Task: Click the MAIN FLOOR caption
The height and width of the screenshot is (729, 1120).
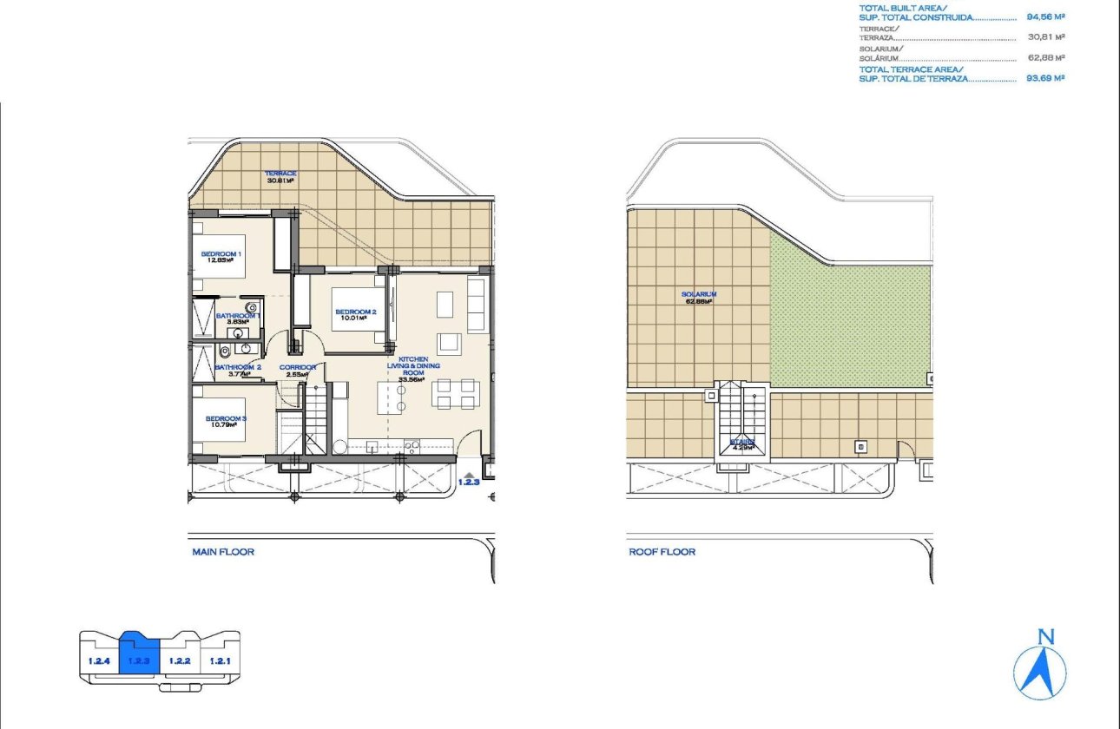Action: point(223,552)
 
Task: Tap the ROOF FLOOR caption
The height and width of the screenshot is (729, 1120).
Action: point(662,552)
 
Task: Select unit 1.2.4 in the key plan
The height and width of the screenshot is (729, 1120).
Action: point(98,661)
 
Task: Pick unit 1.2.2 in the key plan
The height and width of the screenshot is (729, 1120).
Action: point(180,661)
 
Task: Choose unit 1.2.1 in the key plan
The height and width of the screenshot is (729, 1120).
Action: point(219,661)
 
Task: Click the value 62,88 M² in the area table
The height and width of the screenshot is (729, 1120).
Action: point(1045,58)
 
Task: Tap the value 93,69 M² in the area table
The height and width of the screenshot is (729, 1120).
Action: point(1045,78)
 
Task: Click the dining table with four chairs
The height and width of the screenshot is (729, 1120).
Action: point(456,394)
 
